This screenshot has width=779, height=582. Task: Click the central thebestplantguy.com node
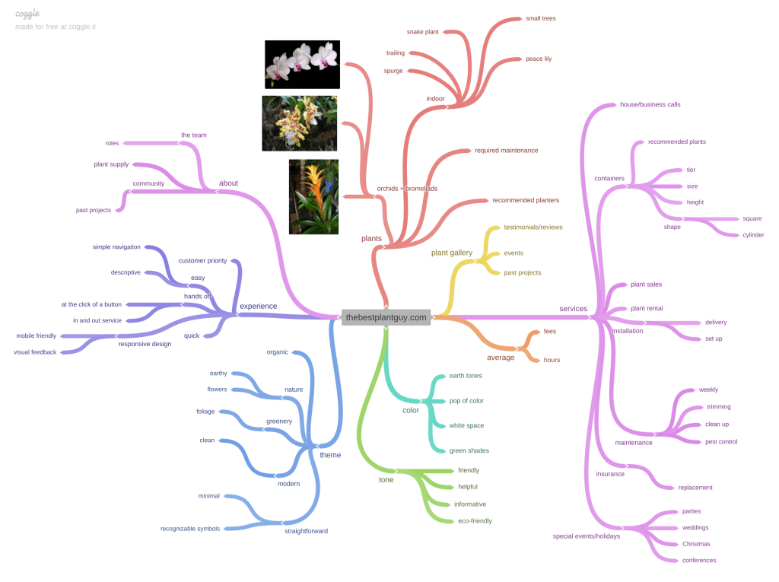386,317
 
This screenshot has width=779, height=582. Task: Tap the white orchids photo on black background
302,65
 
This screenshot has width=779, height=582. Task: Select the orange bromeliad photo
313,196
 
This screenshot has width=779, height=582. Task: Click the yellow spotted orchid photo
299,123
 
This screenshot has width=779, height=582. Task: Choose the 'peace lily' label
539,59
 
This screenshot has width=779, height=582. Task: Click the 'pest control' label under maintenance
721,441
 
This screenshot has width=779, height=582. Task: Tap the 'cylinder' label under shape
753,235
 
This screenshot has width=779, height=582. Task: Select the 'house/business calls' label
650,104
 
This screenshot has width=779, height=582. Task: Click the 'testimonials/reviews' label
533,227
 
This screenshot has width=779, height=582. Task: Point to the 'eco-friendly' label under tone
475,521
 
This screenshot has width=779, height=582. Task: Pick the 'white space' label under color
466,425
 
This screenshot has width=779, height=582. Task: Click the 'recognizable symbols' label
189,529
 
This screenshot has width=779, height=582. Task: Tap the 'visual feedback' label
35,351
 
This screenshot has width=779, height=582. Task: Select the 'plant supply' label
111,164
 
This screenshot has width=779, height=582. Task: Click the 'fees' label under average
550,332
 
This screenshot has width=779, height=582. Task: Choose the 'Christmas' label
695,544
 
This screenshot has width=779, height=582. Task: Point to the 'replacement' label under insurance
695,487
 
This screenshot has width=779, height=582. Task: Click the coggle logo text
27,14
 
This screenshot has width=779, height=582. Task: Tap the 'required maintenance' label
507,151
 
